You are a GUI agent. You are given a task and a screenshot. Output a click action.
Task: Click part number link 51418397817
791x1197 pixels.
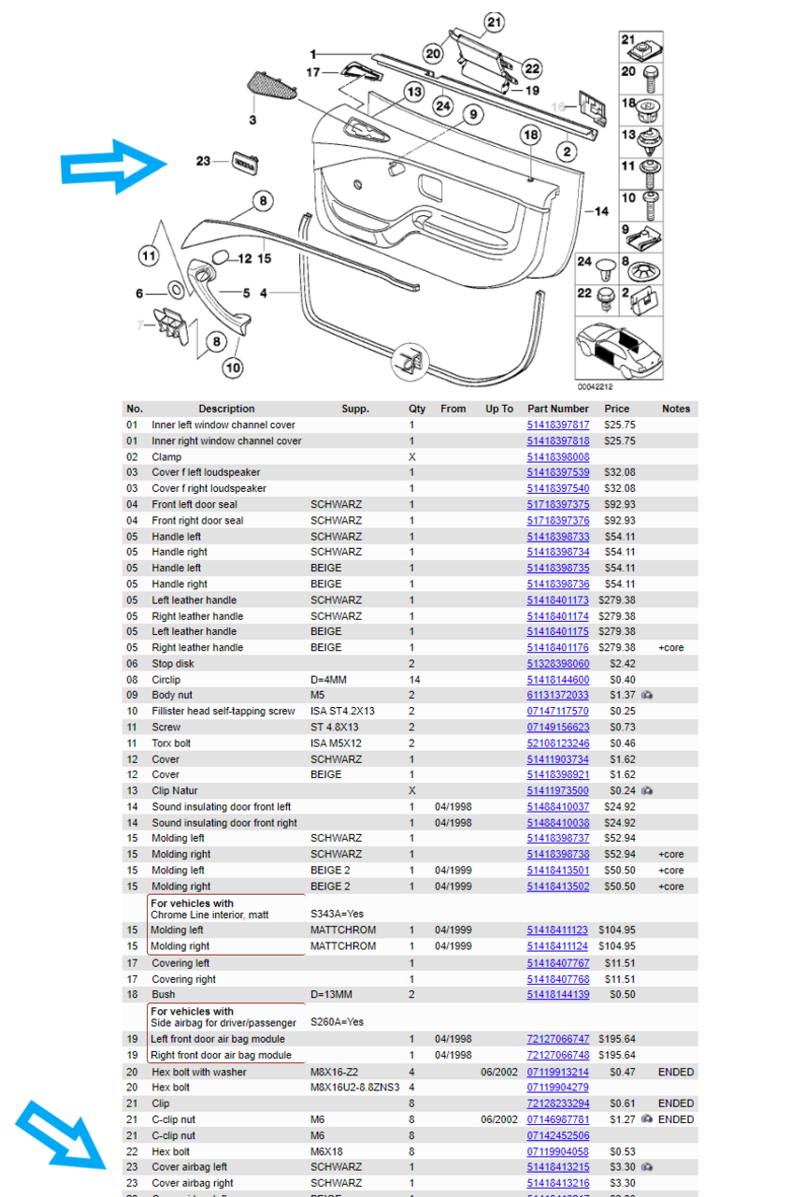(x=558, y=425)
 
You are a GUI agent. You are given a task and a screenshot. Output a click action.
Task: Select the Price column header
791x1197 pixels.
(x=617, y=409)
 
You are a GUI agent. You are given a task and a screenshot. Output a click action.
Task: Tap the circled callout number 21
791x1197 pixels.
(x=494, y=22)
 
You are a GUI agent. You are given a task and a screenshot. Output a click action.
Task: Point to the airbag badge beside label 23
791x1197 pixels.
(x=244, y=161)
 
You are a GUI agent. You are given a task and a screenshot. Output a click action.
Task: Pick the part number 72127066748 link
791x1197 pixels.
(x=558, y=1055)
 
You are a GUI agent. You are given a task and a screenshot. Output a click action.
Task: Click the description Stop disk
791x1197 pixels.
(x=173, y=664)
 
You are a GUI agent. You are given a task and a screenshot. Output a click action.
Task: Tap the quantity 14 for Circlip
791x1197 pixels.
(x=414, y=680)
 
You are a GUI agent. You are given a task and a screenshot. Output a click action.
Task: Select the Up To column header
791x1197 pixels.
(x=499, y=409)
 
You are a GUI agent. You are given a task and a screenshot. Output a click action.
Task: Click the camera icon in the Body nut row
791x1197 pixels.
(x=646, y=696)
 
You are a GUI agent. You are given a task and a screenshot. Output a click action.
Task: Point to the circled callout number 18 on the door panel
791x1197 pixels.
(x=530, y=136)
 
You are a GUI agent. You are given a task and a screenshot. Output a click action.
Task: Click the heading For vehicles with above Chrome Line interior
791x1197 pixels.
(x=192, y=903)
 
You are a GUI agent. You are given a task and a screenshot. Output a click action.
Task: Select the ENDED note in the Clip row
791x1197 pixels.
(x=675, y=1103)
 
